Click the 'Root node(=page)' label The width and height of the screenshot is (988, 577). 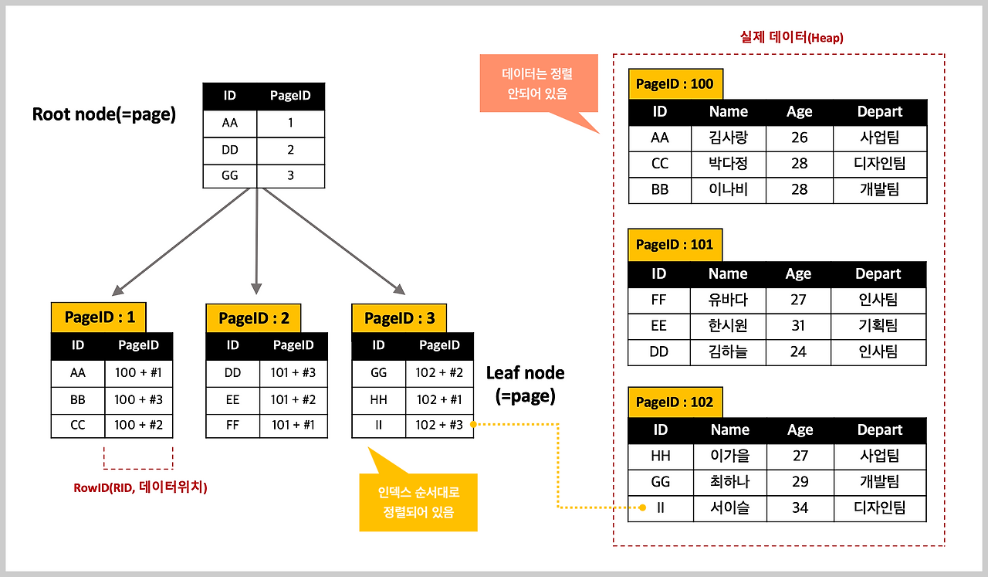click(x=104, y=114)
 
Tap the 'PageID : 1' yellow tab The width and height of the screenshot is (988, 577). click(x=100, y=317)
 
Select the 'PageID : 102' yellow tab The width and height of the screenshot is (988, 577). click(x=674, y=402)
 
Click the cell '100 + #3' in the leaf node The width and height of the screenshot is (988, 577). click(x=138, y=400)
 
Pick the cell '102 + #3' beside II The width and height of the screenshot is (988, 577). click(x=439, y=425)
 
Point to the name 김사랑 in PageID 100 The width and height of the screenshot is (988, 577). click(x=728, y=138)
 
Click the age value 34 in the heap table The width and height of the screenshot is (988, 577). click(x=800, y=508)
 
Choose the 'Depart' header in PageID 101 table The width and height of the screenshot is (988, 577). click(x=878, y=273)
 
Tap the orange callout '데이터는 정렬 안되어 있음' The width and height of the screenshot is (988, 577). click(x=537, y=83)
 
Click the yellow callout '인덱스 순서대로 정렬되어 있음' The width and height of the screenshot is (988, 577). click(x=418, y=502)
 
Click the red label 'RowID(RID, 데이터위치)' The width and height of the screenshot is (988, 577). click(x=140, y=487)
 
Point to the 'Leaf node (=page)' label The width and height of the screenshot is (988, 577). click(x=525, y=385)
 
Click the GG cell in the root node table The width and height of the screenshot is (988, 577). click(x=229, y=175)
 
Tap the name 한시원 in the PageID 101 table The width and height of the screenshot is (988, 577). click(x=728, y=326)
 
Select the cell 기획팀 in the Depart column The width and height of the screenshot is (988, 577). click(x=878, y=326)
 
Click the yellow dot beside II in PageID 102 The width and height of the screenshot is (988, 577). click(x=642, y=508)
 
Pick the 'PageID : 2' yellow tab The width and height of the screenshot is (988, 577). click(x=254, y=317)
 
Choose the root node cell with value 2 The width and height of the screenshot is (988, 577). click(x=290, y=149)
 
